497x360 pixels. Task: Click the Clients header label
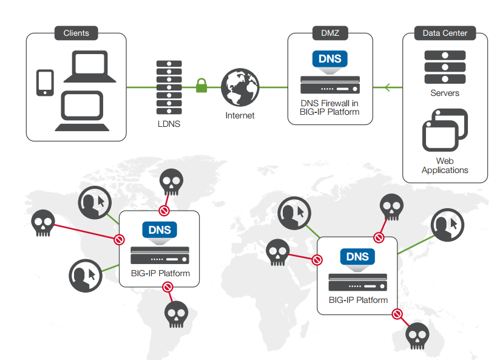(76, 33)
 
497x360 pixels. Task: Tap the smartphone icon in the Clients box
(45, 83)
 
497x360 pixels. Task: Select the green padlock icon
(201, 86)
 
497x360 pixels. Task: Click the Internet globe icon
(240, 87)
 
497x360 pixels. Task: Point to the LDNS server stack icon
(169, 87)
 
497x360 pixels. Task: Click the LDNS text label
(169, 124)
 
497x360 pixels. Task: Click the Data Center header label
(445, 33)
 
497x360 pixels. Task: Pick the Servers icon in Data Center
(445, 67)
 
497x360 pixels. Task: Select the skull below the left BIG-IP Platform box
(177, 314)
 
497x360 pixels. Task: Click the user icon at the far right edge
(447, 226)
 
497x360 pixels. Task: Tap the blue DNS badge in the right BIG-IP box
(357, 257)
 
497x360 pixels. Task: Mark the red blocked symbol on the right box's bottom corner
(397, 314)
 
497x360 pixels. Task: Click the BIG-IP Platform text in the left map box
(160, 273)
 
